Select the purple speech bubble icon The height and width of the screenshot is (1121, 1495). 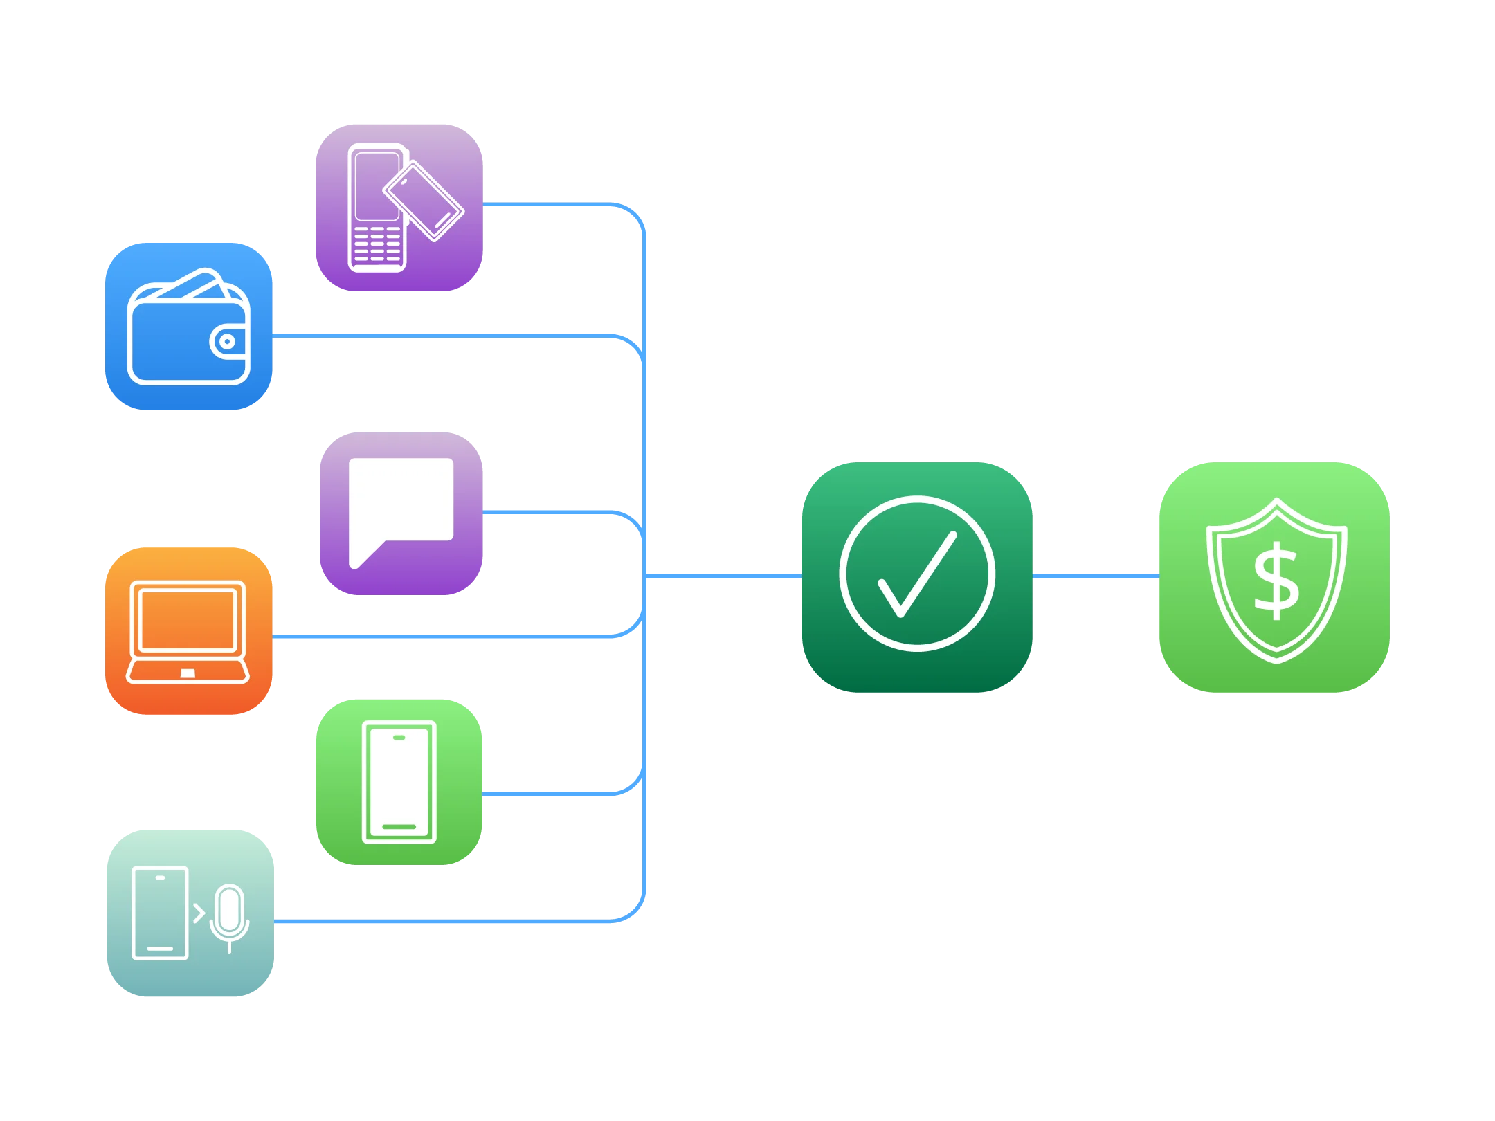tap(401, 513)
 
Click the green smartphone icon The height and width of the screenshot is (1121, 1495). tap(399, 783)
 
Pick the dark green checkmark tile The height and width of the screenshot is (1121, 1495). tap(916, 578)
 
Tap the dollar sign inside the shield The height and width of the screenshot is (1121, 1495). tap(1276, 581)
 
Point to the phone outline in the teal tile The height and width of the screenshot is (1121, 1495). tap(160, 913)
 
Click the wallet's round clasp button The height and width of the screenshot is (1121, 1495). tap(227, 341)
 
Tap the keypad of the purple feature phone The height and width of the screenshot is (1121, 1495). tap(377, 244)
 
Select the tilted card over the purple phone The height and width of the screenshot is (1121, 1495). tap(424, 201)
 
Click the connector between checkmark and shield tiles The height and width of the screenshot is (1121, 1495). tap(1096, 575)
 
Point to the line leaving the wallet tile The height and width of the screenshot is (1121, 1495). tap(443, 336)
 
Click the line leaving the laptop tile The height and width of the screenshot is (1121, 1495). tap(443, 635)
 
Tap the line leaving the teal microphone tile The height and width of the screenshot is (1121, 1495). tap(443, 922)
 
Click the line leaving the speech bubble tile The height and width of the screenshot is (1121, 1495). tap(554, 513)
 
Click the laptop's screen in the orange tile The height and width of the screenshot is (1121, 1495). tap(188, 620)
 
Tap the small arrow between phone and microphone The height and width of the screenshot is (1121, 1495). tap(199, 913)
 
